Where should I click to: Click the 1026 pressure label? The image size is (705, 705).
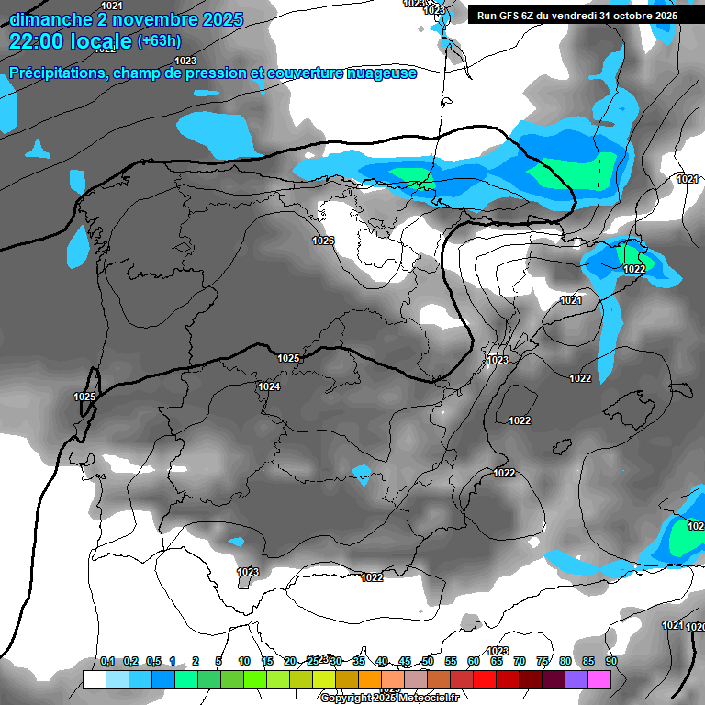[x=322, y=241]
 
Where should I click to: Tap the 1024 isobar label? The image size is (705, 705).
[x=269, y=386]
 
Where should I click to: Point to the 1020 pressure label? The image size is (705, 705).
[x=696, y=627]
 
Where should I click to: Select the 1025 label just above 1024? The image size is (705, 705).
[x=288, y=358]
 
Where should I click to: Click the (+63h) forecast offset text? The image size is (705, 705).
[x=159, y=40]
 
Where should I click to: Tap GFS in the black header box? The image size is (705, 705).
[x=513, y=16]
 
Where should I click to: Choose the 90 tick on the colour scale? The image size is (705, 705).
[x=611, y=661]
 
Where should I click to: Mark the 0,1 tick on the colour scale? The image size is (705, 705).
[x=107, y=661]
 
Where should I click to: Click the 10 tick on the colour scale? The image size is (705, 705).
[x=244, y=661]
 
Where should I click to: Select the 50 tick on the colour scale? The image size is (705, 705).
[x=428, y=661]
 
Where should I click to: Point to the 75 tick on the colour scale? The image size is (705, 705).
[x=543, y=661]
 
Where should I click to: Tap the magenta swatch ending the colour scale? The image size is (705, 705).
[x=599, y=679]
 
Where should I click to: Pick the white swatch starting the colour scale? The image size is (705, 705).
[x=94, y=679]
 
